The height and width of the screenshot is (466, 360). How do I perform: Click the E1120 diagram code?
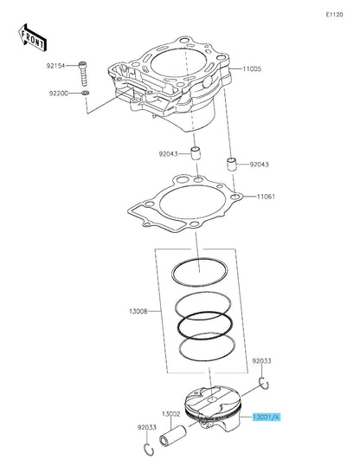click(x=333, y=16)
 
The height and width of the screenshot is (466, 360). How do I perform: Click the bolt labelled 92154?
click(x=84, y=69)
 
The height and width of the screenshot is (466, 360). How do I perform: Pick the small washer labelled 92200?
click(x=86, y=92)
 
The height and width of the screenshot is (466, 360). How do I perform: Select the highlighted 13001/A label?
click(x=267, y=416)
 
